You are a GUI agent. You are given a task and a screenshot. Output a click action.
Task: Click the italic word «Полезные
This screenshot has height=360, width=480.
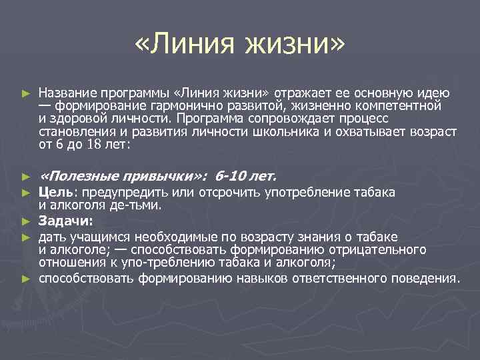click(79, 176)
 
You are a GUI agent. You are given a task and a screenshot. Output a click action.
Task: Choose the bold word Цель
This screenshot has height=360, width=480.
click(51, 193)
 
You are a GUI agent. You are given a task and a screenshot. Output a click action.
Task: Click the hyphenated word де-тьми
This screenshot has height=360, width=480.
click(138, 205)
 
